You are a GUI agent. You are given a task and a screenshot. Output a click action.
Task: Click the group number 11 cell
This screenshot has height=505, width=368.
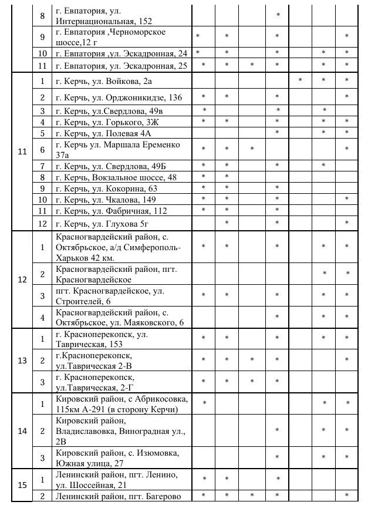[x=22, y=152]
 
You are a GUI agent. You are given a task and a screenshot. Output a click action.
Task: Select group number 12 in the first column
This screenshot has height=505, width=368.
[x=22, y=279]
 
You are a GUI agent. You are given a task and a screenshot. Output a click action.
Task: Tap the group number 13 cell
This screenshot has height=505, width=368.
[x=22, y=360]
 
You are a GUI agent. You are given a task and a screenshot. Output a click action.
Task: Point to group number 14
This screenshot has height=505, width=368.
[x=22, y=431]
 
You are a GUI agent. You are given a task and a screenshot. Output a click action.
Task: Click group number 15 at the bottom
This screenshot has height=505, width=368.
[x=22, y=485]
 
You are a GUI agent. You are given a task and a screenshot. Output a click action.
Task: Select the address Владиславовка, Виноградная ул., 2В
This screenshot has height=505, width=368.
[x=120, y=431]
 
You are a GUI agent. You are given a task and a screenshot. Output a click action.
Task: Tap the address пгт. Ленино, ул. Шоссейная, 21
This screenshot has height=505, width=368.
[x=116, y=479]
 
